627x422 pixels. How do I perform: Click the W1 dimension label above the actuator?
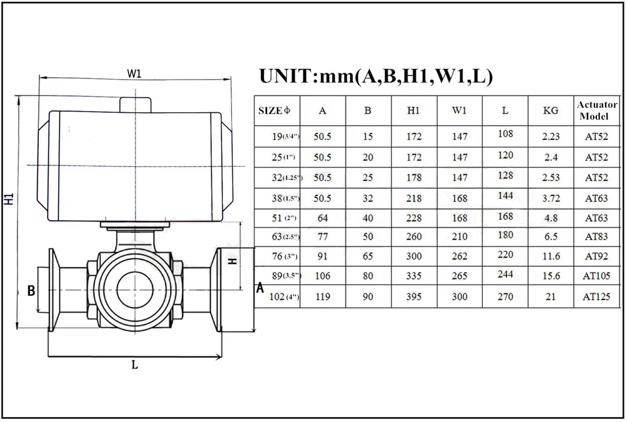(134, 73)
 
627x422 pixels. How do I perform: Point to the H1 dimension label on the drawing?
(9, 199)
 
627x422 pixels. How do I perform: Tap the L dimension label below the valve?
(135, 364)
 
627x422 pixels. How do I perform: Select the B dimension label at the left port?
(31, 291)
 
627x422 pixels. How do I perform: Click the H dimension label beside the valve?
(233, 261)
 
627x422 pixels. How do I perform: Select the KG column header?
(551, 110)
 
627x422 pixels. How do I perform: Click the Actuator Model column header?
(597, 110)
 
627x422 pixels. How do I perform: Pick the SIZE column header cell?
(275, 110)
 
